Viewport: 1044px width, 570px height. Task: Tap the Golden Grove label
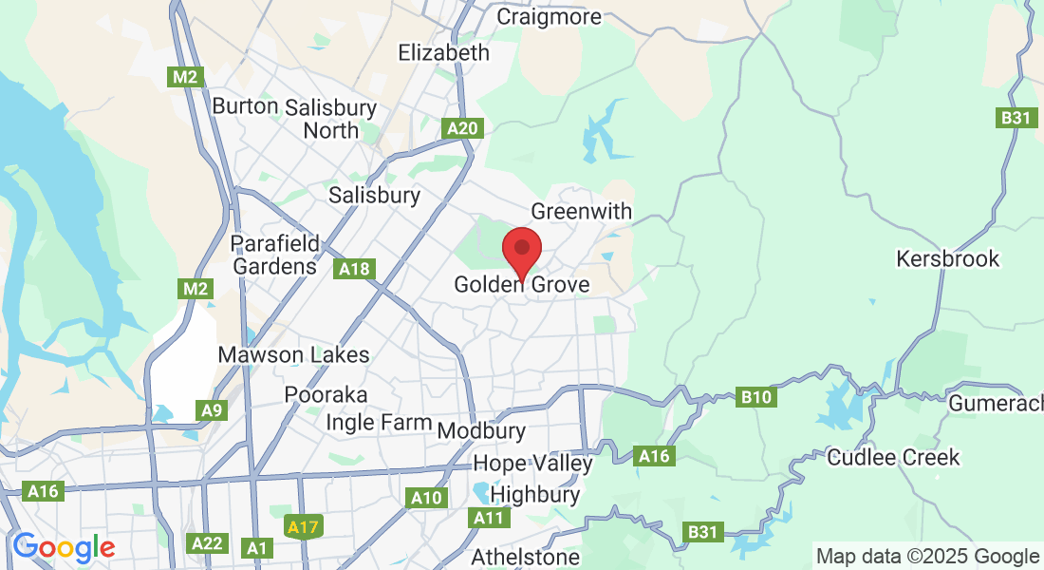tap(521, 284)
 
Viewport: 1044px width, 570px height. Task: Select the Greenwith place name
tap(581, 211)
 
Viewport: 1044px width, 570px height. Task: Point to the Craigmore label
tap(549, 17)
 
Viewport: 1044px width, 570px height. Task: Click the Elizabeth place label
tap(444, 52)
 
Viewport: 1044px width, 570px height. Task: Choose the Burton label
tap(245, 106)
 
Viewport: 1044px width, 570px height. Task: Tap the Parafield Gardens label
tap(276, 255)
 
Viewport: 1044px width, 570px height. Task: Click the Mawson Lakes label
tap(293, 355)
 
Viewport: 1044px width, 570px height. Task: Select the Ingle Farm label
tap(379, 423)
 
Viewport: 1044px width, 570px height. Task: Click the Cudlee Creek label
tap(894, 457)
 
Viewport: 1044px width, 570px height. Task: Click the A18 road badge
tap(354, 270)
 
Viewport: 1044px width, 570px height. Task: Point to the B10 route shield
tap(756, 397)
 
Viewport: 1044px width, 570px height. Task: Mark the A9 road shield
tap(213, 410)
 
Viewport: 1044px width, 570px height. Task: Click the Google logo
tap(63, 548)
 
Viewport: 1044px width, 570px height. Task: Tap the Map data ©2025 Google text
tap(927, 557)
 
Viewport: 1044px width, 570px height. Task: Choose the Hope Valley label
tap(532, 464)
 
